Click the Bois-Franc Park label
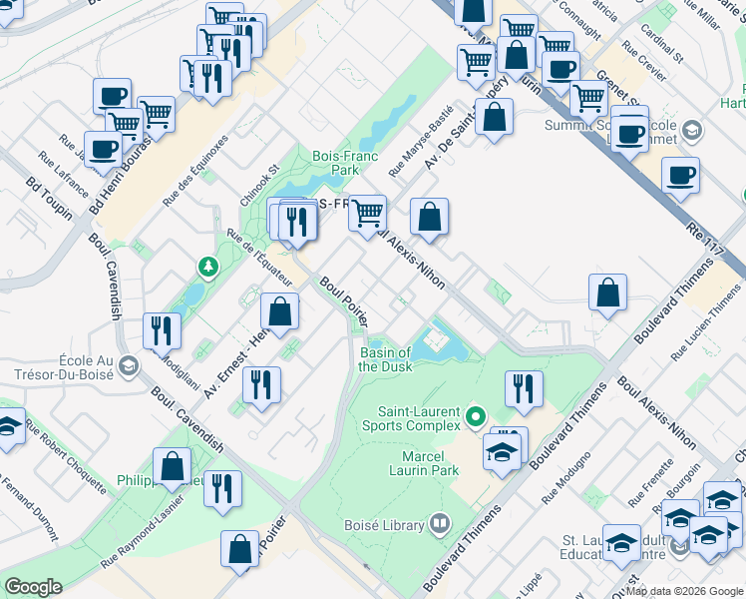pyautogui.click(x=335, y=163)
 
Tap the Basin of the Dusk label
pyautogui.click(x=384, y=359)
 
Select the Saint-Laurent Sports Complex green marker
pyautogui.click(x=476, y=417)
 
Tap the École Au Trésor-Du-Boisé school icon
pyautogui.click(x=128, y=366)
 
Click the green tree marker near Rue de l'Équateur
pyautogui.click(x=207, y=267)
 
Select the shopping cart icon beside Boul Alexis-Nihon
pyautogui.click(x=368, y=212)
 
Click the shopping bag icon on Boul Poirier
pyautogui.click(x=280, y=309)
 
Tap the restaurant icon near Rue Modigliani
pyautogui.click(x=161, y=329)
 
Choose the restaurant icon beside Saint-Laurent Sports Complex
pyautogui.click(x=523, y=387)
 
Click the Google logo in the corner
pyautogui.click(x=33, y=587)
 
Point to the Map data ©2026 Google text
pyautogui.click(x=684, y=591)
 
